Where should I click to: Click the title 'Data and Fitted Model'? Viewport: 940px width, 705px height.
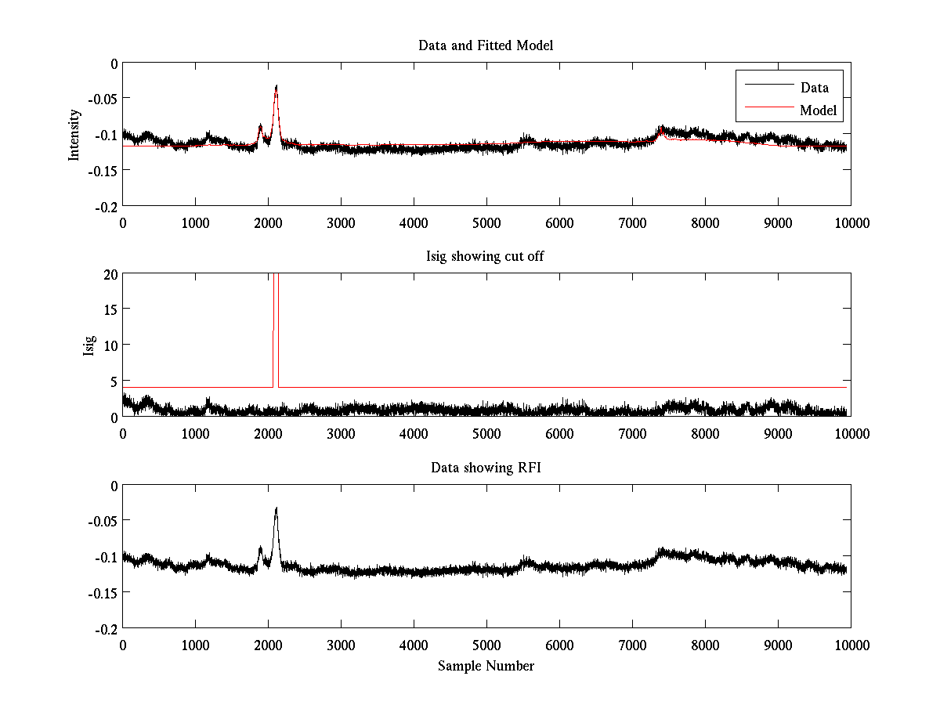click(x=486, y=45)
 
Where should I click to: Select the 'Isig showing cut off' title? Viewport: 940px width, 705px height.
click(x=486, y=257)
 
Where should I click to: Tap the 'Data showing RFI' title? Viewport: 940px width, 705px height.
click(x=486, y=468)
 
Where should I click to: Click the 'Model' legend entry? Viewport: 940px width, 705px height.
click(x=818, y=110)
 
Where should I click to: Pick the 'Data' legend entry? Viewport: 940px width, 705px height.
click(x=814, y=87)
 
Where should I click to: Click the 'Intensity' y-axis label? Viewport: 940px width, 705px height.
click(x=74, y=134)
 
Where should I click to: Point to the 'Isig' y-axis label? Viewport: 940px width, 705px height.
click(x=89, y=345)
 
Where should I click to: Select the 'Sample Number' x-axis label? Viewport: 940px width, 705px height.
click(x=486, y=666)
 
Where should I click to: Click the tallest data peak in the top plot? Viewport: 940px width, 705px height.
click(x=277, y=86)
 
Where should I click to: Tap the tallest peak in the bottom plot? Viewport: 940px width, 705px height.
click(x=277, y=508)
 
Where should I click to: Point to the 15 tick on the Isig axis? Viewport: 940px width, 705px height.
click(x=109, y=309)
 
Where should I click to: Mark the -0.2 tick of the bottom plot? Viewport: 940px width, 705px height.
click(x=105, y=629)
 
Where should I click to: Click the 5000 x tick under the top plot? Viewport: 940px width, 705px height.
click(x=486, y=222)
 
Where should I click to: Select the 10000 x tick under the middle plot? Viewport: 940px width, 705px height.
click(x=851, y=433)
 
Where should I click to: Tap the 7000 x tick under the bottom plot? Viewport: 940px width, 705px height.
click(x=632, y=645)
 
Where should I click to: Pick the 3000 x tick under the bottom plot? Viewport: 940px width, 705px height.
click(x=341, y=645)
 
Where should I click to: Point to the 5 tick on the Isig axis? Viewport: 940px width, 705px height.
click(x=112, y=381)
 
